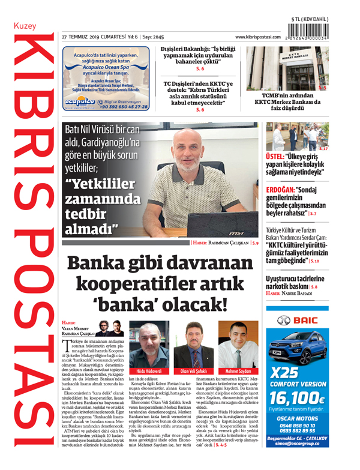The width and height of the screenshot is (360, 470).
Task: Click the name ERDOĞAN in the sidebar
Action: point(282,190)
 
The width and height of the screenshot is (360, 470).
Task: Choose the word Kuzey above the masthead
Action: point(25,26)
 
